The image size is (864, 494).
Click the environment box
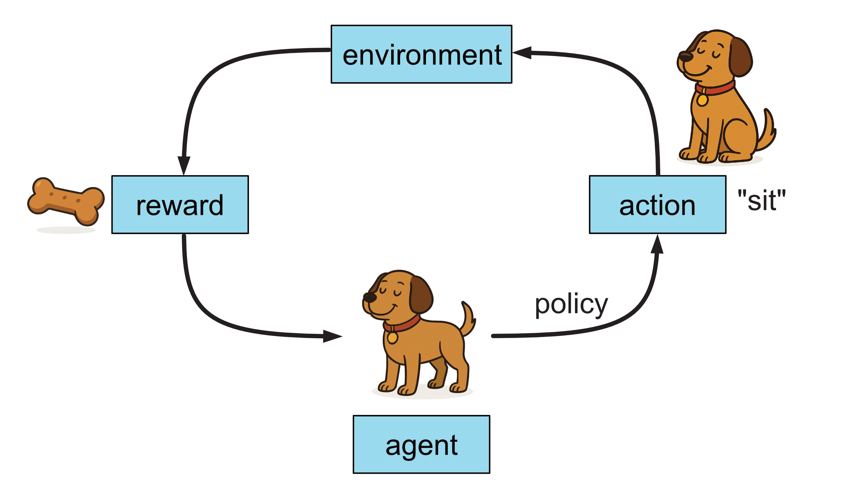coord(421,54)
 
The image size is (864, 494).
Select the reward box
coord(180,204)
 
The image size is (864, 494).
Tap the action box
coord(657,204)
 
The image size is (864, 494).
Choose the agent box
coord(421,444)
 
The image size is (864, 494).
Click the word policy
coord(571,304)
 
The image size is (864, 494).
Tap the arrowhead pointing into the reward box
coord(184,165)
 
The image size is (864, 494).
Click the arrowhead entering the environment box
coord(522,53)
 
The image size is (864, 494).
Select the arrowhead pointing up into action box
coord(657,245)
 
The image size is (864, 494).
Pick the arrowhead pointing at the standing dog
coord(333,336)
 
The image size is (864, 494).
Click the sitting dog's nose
coord(685,57)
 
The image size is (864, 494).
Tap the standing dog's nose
coord(369,297)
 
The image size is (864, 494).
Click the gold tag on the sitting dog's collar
coord(702,100)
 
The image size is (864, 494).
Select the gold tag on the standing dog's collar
coord(392,338)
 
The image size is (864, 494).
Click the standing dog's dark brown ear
coord(421,295)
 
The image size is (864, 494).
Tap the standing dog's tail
coord(469,319)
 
